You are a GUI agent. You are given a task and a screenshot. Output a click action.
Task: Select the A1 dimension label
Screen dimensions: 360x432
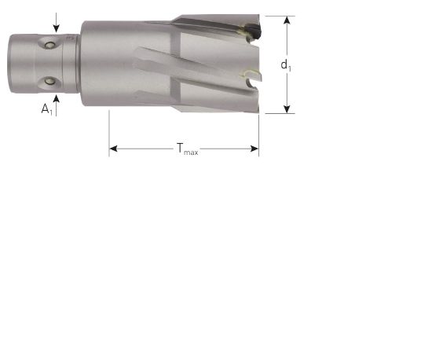pyautogui.click(x=46, y=110)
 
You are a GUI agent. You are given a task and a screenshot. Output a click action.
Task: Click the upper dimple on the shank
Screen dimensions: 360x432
pyautogui.click(x=53, y=45)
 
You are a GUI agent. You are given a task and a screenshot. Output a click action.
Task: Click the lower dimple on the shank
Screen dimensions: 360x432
pyautogui.click(x=52, y=81)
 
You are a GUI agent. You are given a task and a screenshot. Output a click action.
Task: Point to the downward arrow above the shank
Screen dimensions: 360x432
pyautogui.click(x=56, y=22)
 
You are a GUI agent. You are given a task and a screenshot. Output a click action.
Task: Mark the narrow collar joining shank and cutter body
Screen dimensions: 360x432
pyautogui.click(x=78, y=64)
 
